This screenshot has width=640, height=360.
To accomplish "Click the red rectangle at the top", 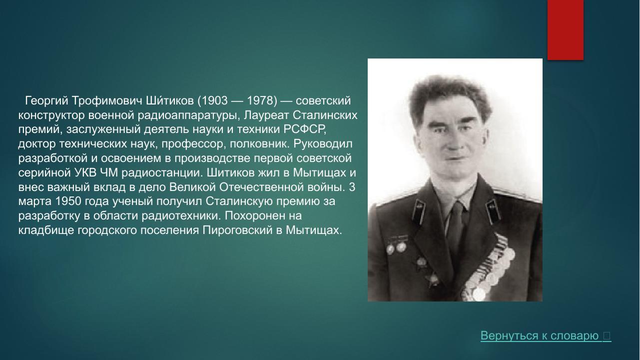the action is pyautogui.click(x=566, y=29).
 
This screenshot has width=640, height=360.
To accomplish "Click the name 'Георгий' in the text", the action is pyautogui.click(x=47, y=101).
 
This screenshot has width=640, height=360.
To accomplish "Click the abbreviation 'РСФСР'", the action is pyautogui.click(x=304, y=129).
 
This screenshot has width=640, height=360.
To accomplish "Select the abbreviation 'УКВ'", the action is pyautogui.click(x=85, y=172).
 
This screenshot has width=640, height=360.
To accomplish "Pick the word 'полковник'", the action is pyautogui.click(x=259, y=144).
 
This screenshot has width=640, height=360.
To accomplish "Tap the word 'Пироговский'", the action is pyautogui.click(x=237, y=230).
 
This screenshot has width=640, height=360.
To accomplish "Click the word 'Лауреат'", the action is pyautogui.click(x=267, y=115).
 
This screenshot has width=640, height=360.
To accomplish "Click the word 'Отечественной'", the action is pyautogui.click(x=261, y=187).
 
